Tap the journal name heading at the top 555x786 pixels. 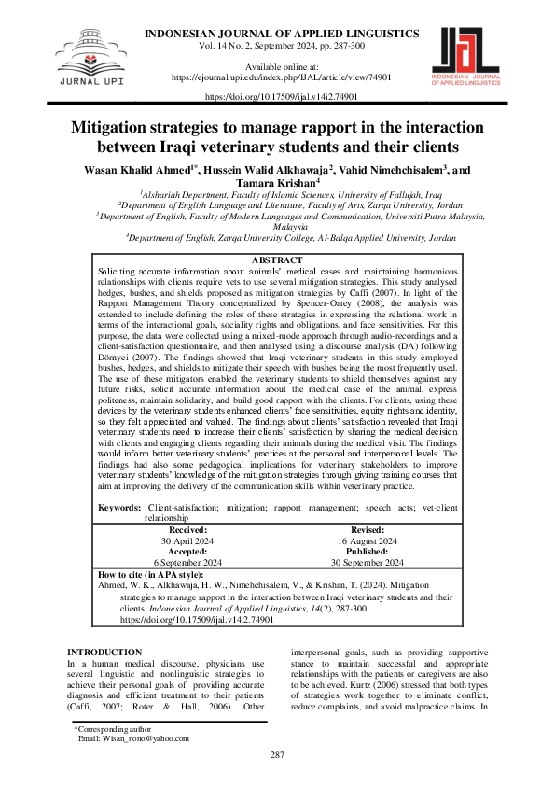pyautogui.click(x=282, y=34)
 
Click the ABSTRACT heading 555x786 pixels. pyautogui.click(x=277, y=260)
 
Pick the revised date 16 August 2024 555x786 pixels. pyautogui.click(x=368, y=541)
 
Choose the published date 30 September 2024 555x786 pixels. pyautogui.click(x=368, y=563)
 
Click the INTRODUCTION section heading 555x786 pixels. pyautogui.click(x=104, y=625)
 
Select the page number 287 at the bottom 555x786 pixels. pyautogui.click(x=277, y=754)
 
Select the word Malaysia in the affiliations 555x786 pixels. pyautogui.click(x=277, y=226)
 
